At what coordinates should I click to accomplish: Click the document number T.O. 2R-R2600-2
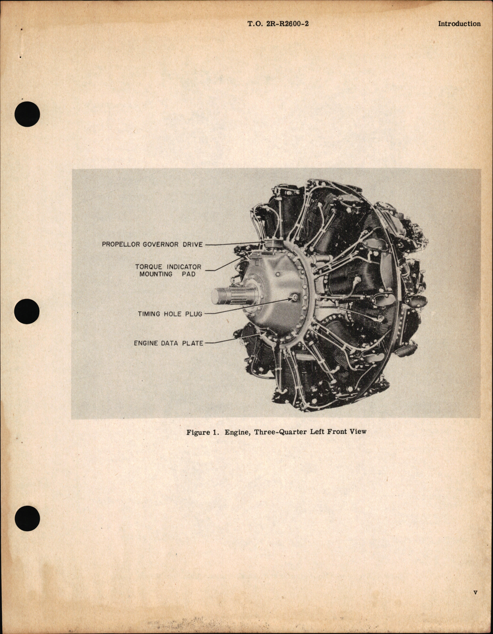click(278, 24)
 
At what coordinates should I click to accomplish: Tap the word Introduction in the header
click(459, 24)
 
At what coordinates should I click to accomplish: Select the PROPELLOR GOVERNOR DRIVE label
click(152, 245)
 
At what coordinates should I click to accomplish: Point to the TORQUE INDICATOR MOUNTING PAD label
click(168, 270)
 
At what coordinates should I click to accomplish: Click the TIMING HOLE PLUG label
click(170, 314)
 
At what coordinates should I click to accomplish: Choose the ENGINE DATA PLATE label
click(168, 343)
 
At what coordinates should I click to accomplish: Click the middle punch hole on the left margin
click(27, 313)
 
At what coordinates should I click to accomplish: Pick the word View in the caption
click(358, 432)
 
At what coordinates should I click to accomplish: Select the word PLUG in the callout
click(194, 314)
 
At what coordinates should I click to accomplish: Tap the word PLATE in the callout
click(192, 343)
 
